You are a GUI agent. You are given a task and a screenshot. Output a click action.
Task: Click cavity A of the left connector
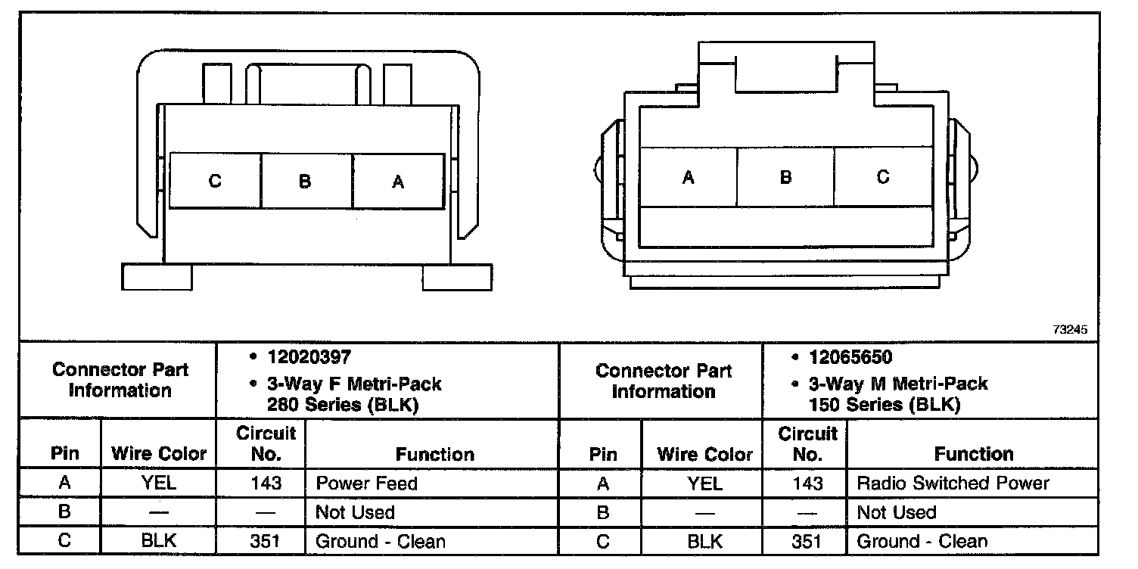(398, 182)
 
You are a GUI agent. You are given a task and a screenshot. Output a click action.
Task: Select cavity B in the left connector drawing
(305, 182)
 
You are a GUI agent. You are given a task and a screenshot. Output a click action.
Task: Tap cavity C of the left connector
(216, 182)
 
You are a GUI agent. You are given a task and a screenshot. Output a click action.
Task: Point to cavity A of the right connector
(689, 177)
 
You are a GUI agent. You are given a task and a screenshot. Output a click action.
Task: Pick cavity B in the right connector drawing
(785, 177)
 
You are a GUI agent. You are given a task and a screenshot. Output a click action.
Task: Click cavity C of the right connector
(883, 177)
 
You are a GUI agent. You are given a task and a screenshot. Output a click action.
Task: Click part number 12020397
(309, 356)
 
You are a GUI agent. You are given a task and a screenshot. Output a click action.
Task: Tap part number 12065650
(851, 357)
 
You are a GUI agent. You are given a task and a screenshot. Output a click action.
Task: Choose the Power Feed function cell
(366, 483)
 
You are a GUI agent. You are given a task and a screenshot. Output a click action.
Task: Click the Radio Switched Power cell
(953, 483)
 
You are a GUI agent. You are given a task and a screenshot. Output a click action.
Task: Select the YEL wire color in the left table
(159, 483)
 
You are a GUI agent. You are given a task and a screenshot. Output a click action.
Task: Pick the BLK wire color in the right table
(704, 542)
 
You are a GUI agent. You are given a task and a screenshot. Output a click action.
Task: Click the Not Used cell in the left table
(355, 512)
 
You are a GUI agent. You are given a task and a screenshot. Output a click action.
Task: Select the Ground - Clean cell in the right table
(922, 542)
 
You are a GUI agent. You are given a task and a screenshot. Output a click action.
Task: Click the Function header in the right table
(974, 454)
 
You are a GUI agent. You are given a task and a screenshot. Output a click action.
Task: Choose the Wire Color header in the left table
(159, 454)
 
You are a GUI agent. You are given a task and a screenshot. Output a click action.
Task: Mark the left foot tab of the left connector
(157, 277)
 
